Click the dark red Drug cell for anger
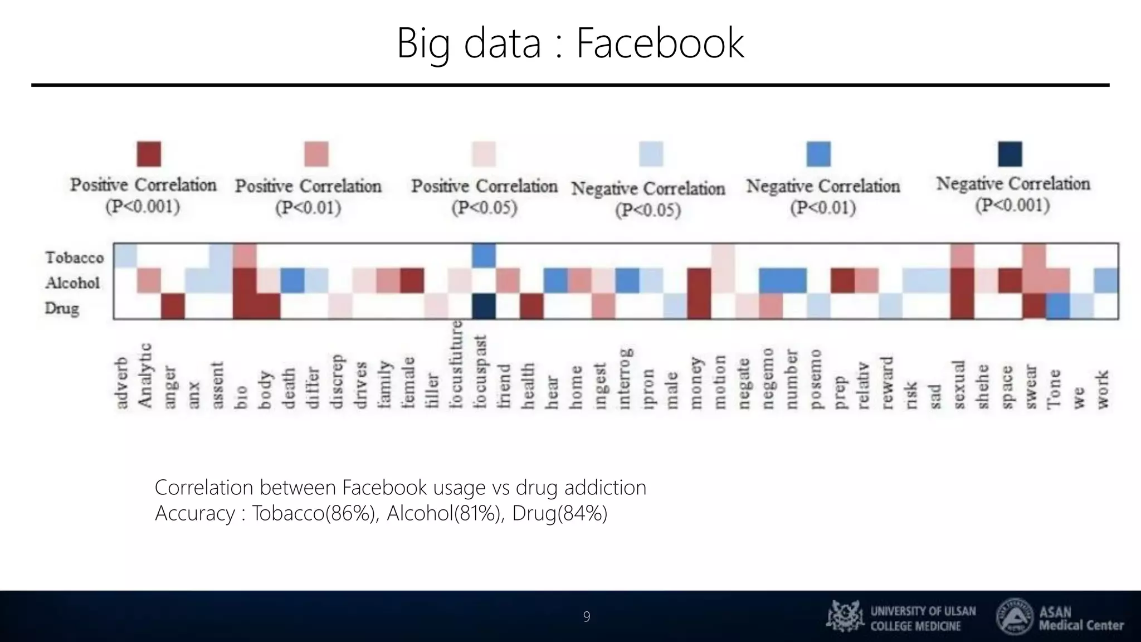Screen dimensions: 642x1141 173,307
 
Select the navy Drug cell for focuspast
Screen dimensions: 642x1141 484,307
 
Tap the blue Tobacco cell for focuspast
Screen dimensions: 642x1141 484,256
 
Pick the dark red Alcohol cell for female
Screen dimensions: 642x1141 412,281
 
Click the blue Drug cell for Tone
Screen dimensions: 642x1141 1058,307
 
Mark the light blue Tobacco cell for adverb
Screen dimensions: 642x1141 125,256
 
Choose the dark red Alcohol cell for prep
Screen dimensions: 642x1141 842,281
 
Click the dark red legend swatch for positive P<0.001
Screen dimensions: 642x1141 149,154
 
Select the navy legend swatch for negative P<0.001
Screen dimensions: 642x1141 1010,154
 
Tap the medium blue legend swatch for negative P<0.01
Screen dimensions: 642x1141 818,154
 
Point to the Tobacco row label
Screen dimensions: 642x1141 75,257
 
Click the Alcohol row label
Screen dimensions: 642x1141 73,283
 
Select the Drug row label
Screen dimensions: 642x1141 62,308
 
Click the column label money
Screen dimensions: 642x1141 696,383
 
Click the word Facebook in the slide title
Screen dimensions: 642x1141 660,43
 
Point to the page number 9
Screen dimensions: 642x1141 586,616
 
